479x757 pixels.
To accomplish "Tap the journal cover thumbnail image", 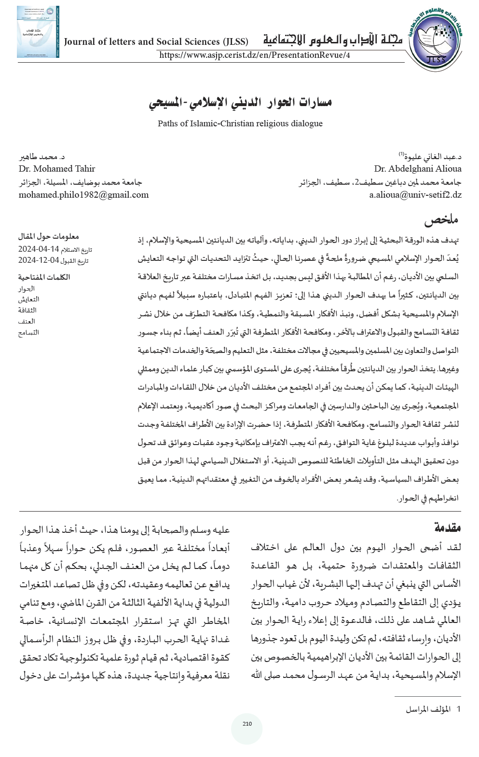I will pyautogui.click(x=38, y=32).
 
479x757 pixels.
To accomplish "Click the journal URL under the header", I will pyautogui.click(x=254, y=55).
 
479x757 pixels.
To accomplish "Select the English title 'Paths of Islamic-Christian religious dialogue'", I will pyautogui.click(x=240, y=123).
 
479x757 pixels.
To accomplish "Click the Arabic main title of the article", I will pyautogui.click(x=240, y=102).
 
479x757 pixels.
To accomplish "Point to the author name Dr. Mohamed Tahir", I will pyautogui.click(x=57, y=169).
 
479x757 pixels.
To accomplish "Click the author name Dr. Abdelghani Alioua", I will pyautogui.click(x=417, y=169).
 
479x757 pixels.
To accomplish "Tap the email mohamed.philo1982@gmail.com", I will pyautogui.click(x=83, y=195).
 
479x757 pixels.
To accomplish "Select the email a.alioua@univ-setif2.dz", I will pyautogui.click(x=415, y=195).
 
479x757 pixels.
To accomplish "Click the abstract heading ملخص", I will pyautogui.click(x=441, y=220).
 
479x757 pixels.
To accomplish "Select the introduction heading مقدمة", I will pyautogui.click(x=448, y=528).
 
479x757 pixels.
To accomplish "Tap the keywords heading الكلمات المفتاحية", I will pyautogui.click(x=44, y=277).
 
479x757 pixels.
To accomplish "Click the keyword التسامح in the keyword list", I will pyautogui.click(x=28, y=332).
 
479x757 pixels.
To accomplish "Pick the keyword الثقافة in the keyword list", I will pyautogui.click(x=27, y=311).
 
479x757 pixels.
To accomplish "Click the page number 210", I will pyautogui.click(x=247, y=724).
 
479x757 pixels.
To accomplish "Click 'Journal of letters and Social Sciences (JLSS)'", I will pyautogui.click(x=156, y=42).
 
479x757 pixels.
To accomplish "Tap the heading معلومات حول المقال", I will pyautogui.click(x=48, y=236).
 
